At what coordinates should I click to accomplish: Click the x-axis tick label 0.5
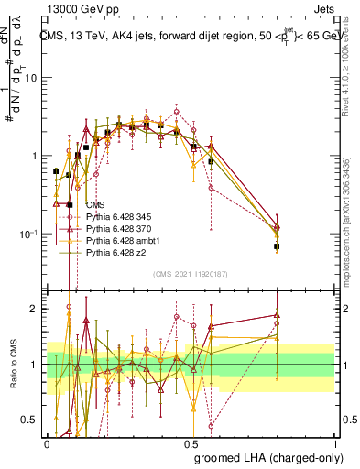tap(191, 442)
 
